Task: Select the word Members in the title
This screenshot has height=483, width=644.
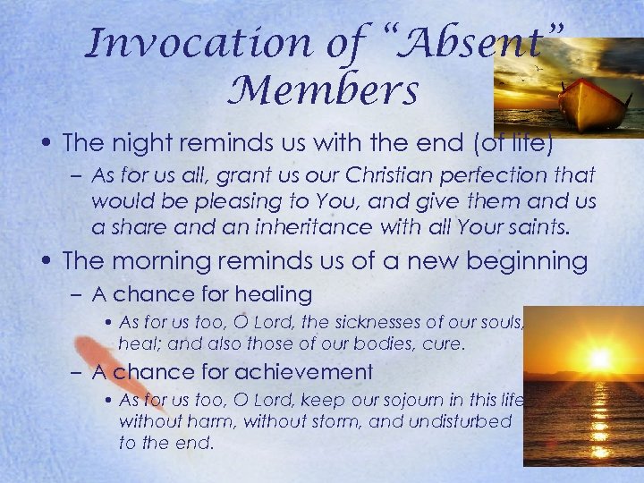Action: pyautogui.click(x=330, y=91)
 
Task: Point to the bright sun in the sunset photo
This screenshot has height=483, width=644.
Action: pyautogui.click(x=597, y=360)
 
